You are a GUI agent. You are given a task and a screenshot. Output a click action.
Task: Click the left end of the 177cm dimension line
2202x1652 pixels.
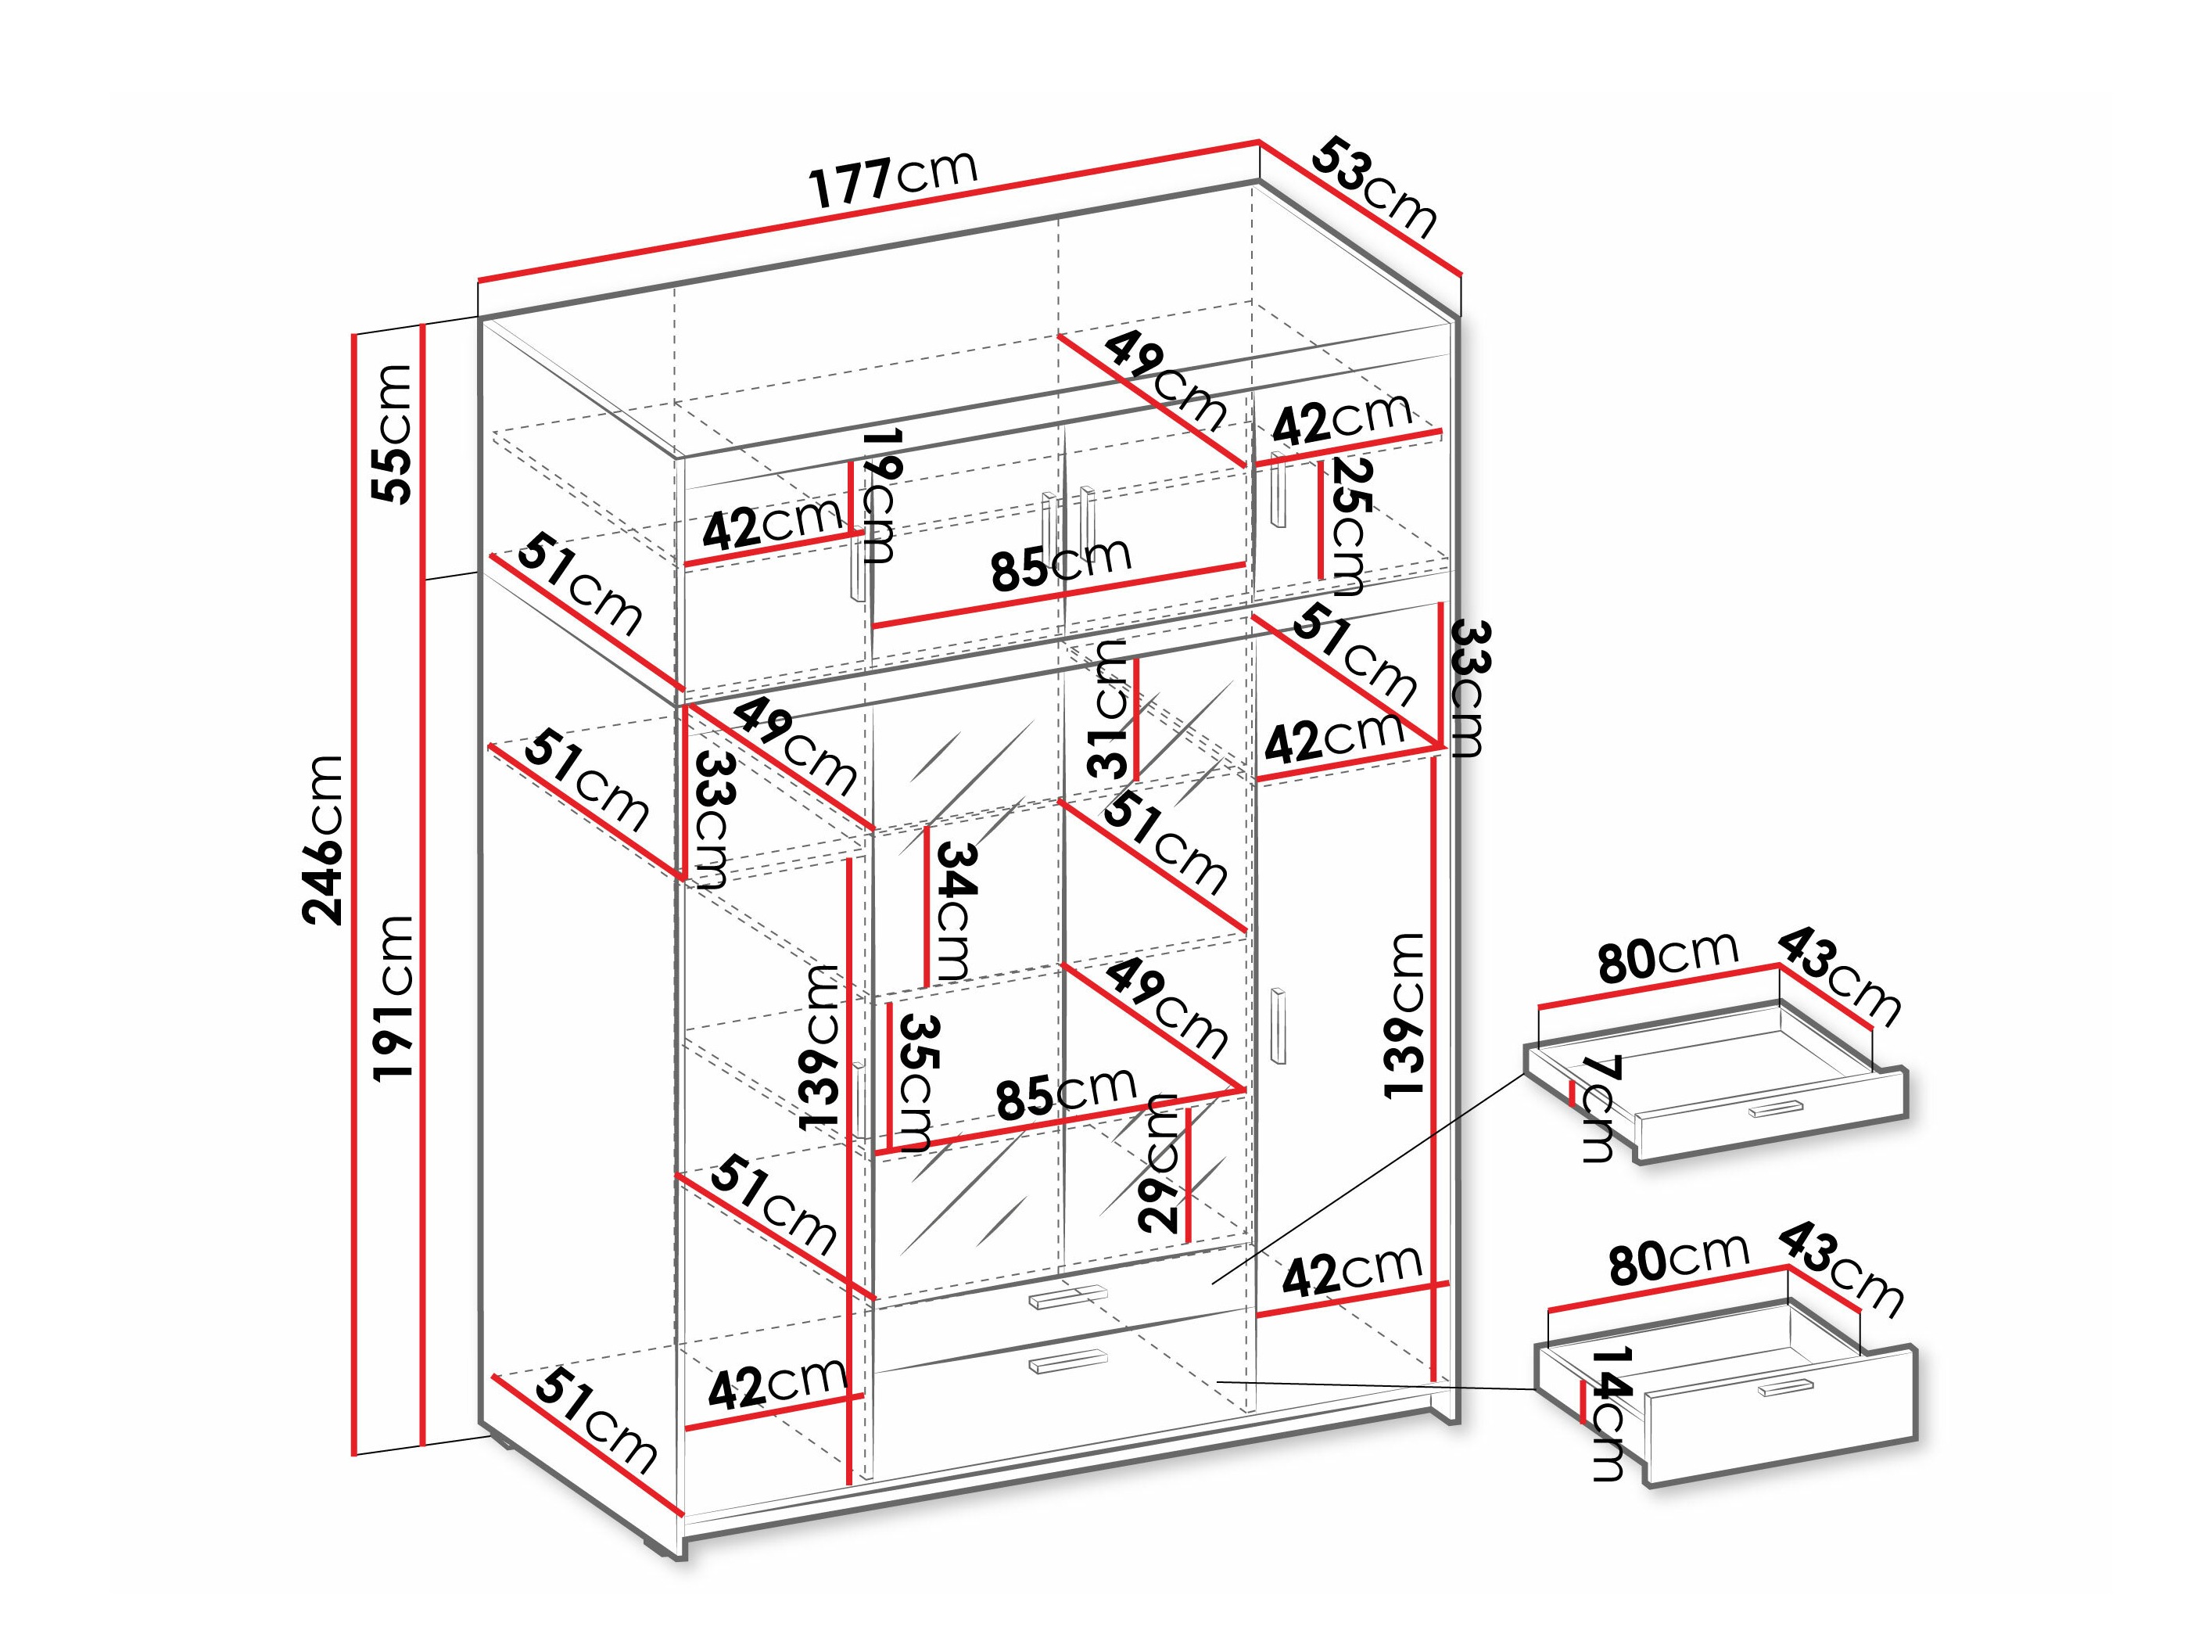(x=479, y=281)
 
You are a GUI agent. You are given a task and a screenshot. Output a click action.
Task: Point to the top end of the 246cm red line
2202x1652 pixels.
(x=353, y=335)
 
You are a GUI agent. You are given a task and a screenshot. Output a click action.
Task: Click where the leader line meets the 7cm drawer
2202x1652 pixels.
(x=1524, y=1072)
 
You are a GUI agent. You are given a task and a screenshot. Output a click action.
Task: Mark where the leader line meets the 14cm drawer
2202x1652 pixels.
(x=1536, y=1389)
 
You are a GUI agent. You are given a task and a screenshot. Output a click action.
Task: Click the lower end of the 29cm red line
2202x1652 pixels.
(x=1189, y=1240)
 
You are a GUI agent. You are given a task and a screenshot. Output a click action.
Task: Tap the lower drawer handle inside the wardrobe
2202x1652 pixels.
(x=1068, y=1361)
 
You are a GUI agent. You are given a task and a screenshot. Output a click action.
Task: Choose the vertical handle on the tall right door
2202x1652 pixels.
(x=1280, y=1027)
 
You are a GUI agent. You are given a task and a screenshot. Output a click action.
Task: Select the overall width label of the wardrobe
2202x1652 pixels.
(x=895, y=180)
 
